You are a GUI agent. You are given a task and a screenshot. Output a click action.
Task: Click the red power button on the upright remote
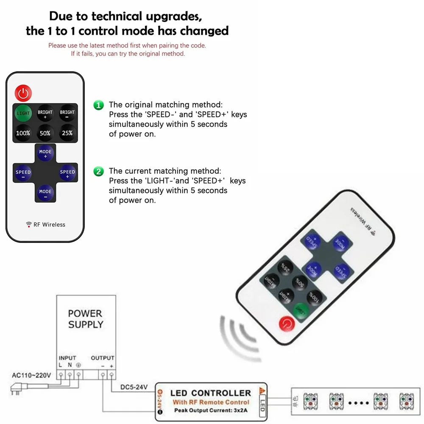23,92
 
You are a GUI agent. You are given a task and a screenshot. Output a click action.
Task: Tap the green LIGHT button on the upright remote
23,113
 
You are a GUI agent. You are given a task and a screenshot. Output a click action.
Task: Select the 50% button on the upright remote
45,133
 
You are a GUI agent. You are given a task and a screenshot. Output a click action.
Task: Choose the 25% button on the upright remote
67,133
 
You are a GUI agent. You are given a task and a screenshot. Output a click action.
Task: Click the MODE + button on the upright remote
45,153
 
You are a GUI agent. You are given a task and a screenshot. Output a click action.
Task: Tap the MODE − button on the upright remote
45,193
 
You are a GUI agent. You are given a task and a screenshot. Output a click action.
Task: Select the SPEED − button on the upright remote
23,174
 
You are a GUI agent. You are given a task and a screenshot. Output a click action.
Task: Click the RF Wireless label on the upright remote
46,225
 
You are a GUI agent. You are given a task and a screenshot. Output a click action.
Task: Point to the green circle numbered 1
98,105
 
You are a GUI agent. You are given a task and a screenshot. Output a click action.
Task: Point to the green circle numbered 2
98,171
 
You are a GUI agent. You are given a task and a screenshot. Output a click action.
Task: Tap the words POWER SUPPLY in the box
86,319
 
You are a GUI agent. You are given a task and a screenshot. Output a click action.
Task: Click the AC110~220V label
32,375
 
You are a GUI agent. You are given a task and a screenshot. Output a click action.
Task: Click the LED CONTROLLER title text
210,393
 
